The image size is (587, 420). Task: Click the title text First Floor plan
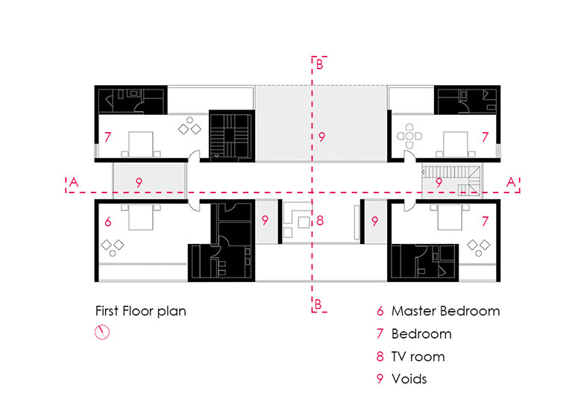click(x=140, y=311)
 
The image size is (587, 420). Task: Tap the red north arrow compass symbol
click(x=102, y=333)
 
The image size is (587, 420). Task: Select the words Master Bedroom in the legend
click(x=445, y=311)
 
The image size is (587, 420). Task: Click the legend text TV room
click(x=418, y=356)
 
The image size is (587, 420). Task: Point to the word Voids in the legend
click(x=409, y=378)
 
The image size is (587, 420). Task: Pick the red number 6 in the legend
click(x=380, y=311)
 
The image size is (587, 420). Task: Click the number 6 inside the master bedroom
click(x=108, y=222)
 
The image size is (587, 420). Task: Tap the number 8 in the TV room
click(x=319, y=221)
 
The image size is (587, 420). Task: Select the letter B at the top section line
click(x=319, y=65)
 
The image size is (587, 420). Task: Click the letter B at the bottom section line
click(x=319, y=304)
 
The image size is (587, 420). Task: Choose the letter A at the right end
click(x=510, y=181)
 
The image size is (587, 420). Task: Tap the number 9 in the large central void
click(x=321, y=137)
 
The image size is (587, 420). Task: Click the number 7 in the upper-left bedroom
click(x=108, y=137)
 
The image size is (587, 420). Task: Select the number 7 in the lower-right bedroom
click(x=484, y=222)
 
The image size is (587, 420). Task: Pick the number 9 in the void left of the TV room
click(x=265, y=221)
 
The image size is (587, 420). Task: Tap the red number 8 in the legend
click(x=380, y=356)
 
